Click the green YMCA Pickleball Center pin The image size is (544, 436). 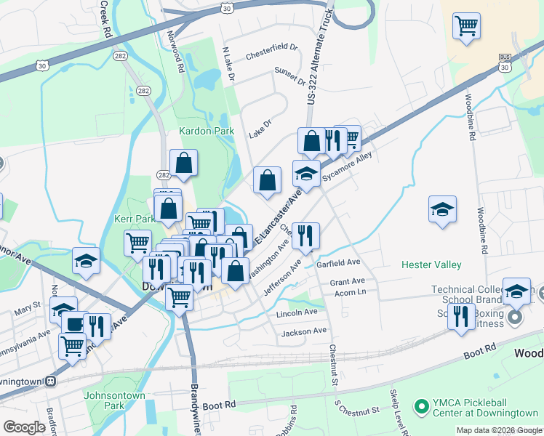[x=420, y=405]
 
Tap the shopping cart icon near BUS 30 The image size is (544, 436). [x=466, y=26]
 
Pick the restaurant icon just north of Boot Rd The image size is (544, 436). [x=461, y=317]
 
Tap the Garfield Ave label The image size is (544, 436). [x=339, y=263]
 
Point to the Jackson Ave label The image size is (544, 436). [x=305, y=331]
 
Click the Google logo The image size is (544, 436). [x=24, y=427]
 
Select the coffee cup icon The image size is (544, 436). [x=74, y=323]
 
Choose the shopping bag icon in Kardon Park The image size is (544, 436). [x=184, y=163]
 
